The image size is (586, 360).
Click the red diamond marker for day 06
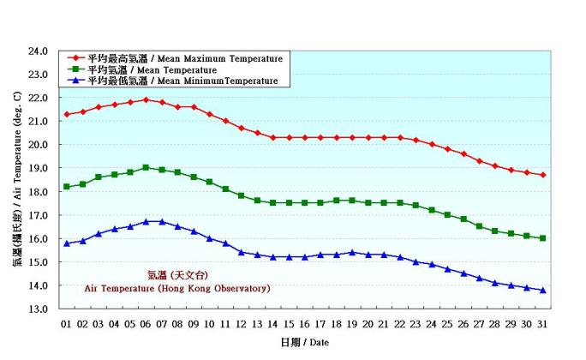(x=146, y=99)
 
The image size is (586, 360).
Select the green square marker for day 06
(x=146, y=167)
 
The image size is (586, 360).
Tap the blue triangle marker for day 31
(x=543, y=290)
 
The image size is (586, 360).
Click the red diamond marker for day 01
(x=67, y=114)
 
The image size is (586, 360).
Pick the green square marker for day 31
(x=543, y=238)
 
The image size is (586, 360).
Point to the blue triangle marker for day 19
(x=352, y=252)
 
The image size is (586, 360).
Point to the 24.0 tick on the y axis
(x=38, y=51)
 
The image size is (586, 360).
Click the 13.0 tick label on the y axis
(x=38, y=309)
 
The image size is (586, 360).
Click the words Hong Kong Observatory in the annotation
(x=219, y=289)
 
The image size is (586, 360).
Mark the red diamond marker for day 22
(x=400, y=137)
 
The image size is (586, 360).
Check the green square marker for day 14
(x=272, y=203)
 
